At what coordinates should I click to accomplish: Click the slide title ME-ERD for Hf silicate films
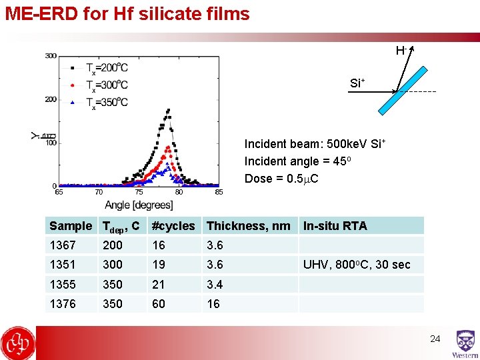[x=127, y=13]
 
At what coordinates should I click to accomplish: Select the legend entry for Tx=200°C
[x=107, y=67]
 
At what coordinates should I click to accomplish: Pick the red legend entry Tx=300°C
[x=107, y=85]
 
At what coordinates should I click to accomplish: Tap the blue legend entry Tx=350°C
[x=107, y=102]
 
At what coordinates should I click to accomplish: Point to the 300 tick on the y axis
[x=51, y=56]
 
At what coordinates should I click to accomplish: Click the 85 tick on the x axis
[x=219, y=193]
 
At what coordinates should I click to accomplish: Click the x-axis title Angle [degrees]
[x=139, y=205]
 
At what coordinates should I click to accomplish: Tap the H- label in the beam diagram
[x=401, y=51]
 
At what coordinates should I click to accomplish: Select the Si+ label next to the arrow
[x=357, y=83]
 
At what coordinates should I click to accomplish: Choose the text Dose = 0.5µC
[x=281, y=179]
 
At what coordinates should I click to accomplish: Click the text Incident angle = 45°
[x=298, y=161]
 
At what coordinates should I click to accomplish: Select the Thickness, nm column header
[x=248, y=226]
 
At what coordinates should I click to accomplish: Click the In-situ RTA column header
[x=335, y=226]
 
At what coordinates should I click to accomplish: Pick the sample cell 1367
[x=63, y=245]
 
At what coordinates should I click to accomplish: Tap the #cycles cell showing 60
[x=159, y=304]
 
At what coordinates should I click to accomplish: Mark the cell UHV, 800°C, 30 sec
[x=357, y=265]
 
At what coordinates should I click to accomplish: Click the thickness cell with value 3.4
[x=215, y=285]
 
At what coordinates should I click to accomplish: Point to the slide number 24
[x=435, y=339]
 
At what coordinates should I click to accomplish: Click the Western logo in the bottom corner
[x=465, y=344]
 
